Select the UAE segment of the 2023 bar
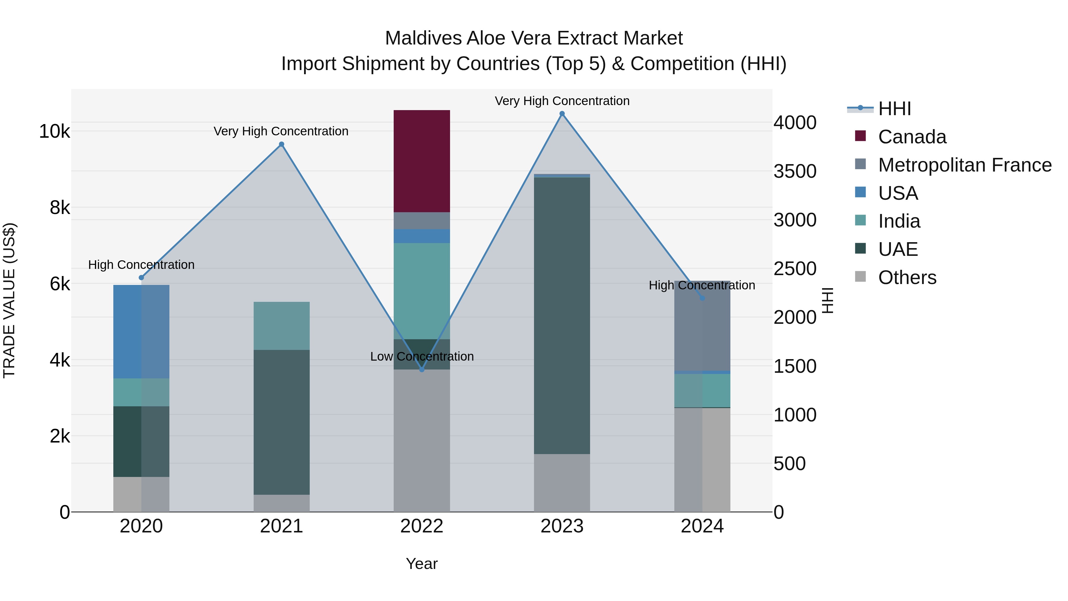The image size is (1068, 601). (562, 315)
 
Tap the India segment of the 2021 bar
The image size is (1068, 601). (282, 326)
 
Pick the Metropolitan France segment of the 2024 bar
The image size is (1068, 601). (702, 326)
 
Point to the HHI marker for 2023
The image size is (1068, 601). (562, 114)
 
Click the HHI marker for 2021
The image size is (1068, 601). (282, 144)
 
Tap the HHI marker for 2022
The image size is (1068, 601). (422, 370)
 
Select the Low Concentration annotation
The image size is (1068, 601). (422, 356)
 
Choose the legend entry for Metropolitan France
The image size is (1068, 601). (964, 165)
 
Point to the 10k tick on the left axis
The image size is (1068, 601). (54, 131)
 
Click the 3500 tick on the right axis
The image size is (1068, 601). (795, 171)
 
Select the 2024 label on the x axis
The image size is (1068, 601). (702, 526)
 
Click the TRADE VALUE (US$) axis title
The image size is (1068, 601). (9, 300)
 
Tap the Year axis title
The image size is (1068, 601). (422, 564)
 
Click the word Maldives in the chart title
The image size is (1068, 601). (423, 38)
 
